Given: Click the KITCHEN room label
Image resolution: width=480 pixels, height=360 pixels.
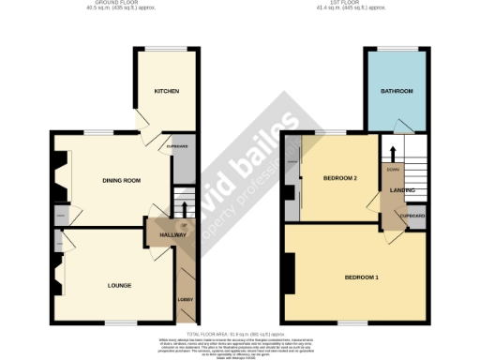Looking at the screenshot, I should pos(167,91).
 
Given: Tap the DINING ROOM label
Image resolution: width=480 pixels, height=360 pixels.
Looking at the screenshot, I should pos(121,180).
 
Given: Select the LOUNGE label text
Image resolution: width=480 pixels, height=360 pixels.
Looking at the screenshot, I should pos(119,285).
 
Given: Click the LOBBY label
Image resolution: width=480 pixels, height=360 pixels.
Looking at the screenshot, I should pos(185,300).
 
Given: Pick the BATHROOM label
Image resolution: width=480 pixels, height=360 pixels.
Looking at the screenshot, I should pos(397,91).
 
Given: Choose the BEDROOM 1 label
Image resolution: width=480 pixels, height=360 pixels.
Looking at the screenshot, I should pos(363,278).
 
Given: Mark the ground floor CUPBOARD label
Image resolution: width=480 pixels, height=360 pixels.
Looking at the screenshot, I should pos(177,146).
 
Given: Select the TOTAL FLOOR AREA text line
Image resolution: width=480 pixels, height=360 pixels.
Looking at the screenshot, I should pos(239,334).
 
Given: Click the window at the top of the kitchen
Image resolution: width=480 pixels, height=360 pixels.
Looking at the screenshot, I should pos(167,49).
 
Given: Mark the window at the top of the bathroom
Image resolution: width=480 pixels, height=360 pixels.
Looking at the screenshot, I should pos(398,49).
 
